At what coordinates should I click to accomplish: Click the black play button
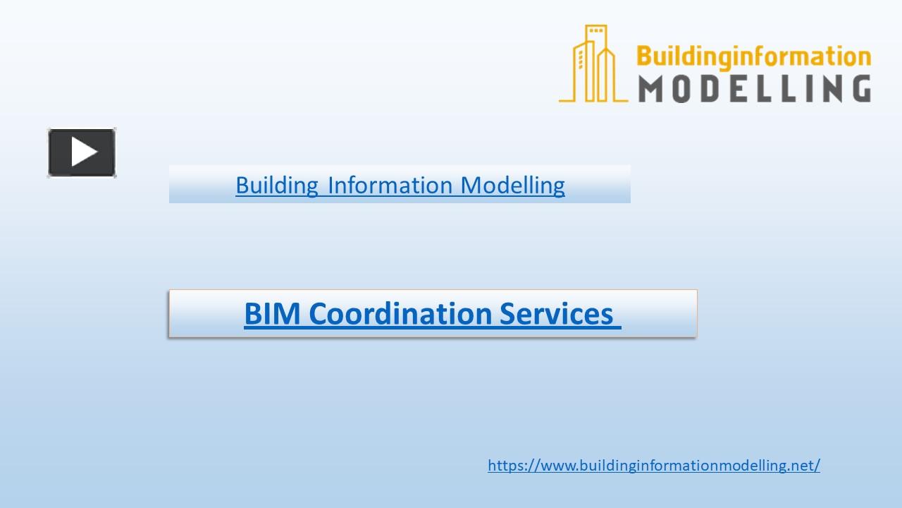point(82,152)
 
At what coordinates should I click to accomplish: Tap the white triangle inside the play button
point(84,152)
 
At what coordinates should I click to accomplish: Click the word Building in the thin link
point(277,185)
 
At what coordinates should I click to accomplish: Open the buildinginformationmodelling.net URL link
point(653,465)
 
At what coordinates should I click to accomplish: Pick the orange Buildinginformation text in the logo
point(753,57)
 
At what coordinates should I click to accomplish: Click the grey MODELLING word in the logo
point(755,89)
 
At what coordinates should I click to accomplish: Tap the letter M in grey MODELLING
point(653,89)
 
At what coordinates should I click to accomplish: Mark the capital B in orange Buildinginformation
point(644,56)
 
